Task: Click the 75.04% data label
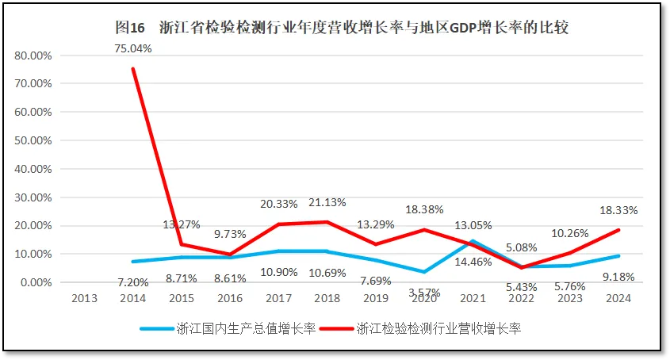(x=133, y=48)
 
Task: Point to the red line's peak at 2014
(x=133, y=68)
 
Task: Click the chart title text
(x=342, y=28)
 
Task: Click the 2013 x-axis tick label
(x=85, y=299)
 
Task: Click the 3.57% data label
(x=424, y=292)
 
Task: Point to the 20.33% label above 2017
(x=279, y=205)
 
